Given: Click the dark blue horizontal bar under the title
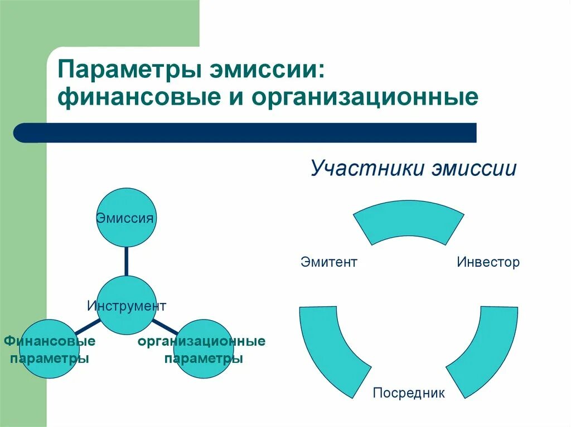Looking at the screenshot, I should click(245, 133).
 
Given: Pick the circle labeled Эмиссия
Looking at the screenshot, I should click(126, 217).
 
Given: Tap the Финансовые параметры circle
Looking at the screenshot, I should click(49, 349).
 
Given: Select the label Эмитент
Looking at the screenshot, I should click(328, 262).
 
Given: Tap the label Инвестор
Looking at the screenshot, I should click(488, 262).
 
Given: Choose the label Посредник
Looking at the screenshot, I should click(409, 393).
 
